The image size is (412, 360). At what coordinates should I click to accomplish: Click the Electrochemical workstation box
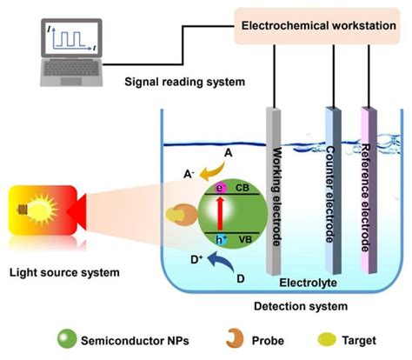pos(319,26)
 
